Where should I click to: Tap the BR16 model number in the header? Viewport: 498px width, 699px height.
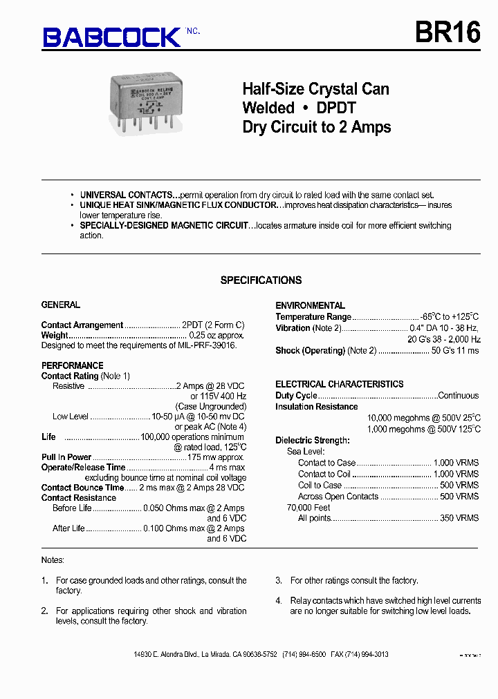pyautogui.click(x=448, y=32)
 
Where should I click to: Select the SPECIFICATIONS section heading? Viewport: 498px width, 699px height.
pyautogui.click(x=261, y=280)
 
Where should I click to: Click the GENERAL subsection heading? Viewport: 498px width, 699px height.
pyautogui.click(x=61, y=305)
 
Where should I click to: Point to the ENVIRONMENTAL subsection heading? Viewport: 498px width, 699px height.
pyautogui.click(x=310, y=305)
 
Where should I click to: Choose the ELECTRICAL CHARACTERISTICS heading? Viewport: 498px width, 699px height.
pyautogui.click(x=339, y=384)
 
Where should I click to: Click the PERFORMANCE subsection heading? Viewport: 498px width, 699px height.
pyautogui.click(x=72, y=365)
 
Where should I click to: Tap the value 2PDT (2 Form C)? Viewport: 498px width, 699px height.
pyautogui.click(x=213, y=325)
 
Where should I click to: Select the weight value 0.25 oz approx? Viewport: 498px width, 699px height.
pyautogui.click(x=216, y=335)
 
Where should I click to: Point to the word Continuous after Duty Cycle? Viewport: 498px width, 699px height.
pyautogui.click(x=458, y=396)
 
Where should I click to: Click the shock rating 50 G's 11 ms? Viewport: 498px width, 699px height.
pyautogui.click(x=455, y=350)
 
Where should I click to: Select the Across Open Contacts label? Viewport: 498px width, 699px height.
pyautogui.click(x=338, y=496)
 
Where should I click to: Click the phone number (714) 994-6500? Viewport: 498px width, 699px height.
pyautogui.click(x=304, y=654)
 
